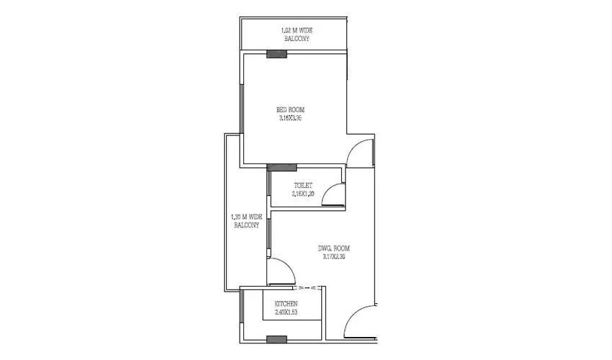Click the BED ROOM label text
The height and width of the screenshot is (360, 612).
point(290,109)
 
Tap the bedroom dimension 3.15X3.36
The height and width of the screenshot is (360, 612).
point(290,118)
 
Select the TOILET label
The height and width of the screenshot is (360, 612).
point(303,185)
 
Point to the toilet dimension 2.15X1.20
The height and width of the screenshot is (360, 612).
point(303,194)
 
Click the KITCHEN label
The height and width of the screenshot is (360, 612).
point(286,305)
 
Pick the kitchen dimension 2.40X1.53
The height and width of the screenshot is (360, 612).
point(286,313)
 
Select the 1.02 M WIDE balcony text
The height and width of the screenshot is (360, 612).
point(296,30)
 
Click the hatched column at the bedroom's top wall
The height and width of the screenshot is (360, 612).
point(276,54)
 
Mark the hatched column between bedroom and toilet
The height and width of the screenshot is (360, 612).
point(282,168)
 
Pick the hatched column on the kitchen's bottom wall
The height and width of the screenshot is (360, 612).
point(276,338)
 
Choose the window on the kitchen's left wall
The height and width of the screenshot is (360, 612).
point(241,310)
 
